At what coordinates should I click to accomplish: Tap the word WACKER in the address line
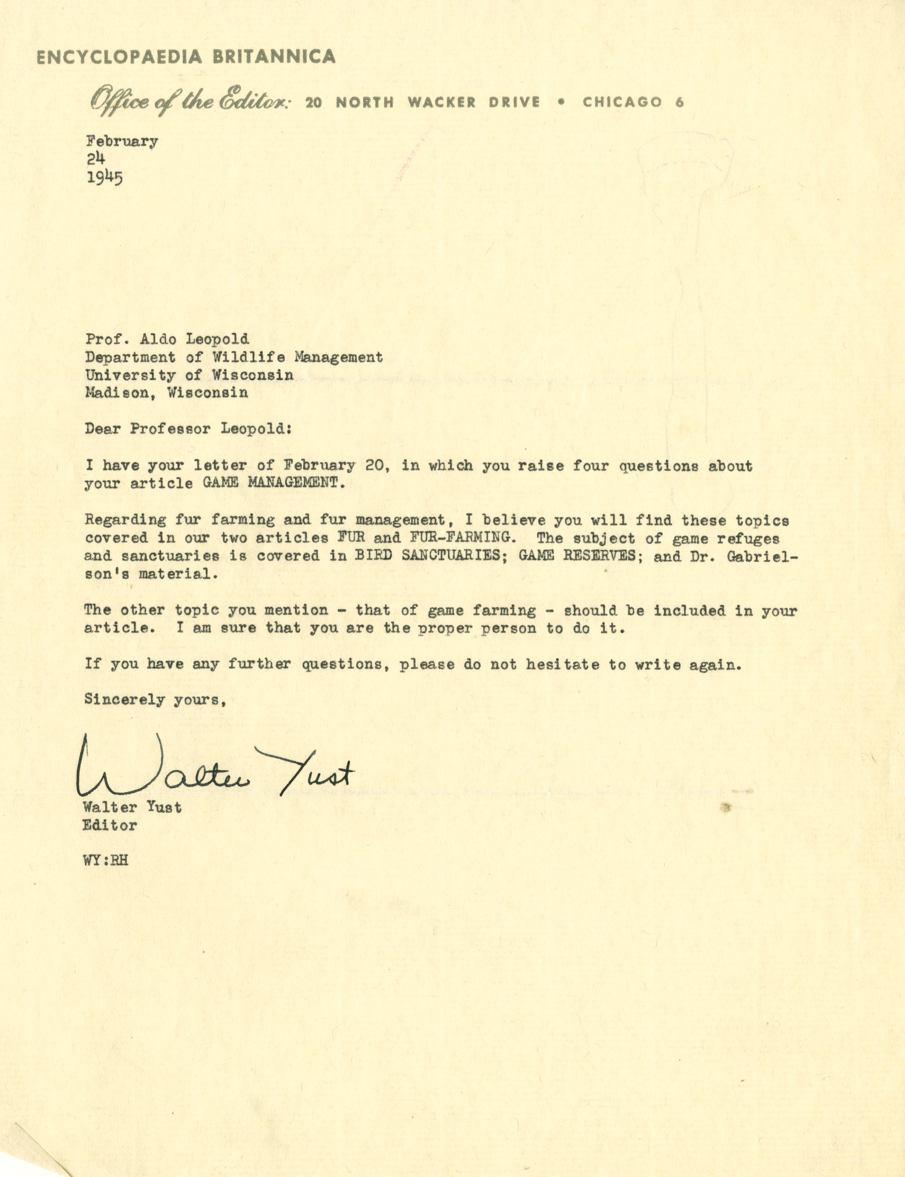pos(441,102)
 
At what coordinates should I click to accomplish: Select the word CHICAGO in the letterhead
pos(622,102)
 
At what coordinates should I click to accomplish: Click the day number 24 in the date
pos(95,158)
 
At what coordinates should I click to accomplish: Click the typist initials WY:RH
pos(106,860)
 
